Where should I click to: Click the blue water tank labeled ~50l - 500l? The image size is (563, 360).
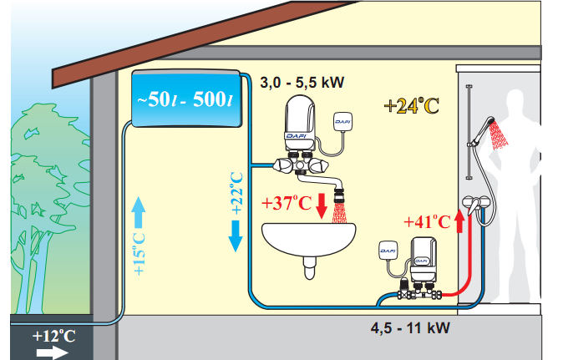point(186,99)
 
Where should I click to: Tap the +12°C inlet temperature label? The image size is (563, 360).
point(53,337)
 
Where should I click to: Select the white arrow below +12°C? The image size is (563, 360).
point(52,352)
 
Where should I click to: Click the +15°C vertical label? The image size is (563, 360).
point(139,254)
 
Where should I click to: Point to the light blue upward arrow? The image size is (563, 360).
point(139,212)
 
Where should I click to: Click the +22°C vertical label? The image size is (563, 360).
point(237,194)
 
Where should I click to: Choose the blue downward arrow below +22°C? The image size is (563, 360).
point(236,236)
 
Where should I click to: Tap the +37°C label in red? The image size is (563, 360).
point(287,203)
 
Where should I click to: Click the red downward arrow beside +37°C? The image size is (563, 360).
point(322,205)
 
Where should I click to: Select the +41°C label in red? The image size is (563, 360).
point(427,222)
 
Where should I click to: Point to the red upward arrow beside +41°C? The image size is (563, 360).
point(460,221)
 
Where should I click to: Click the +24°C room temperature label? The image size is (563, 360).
point(412,105)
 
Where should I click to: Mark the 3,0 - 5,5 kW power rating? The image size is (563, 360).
point(302,83)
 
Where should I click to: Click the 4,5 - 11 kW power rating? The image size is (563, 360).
point(410,328)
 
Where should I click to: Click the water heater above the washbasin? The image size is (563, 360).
point(300,123)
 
